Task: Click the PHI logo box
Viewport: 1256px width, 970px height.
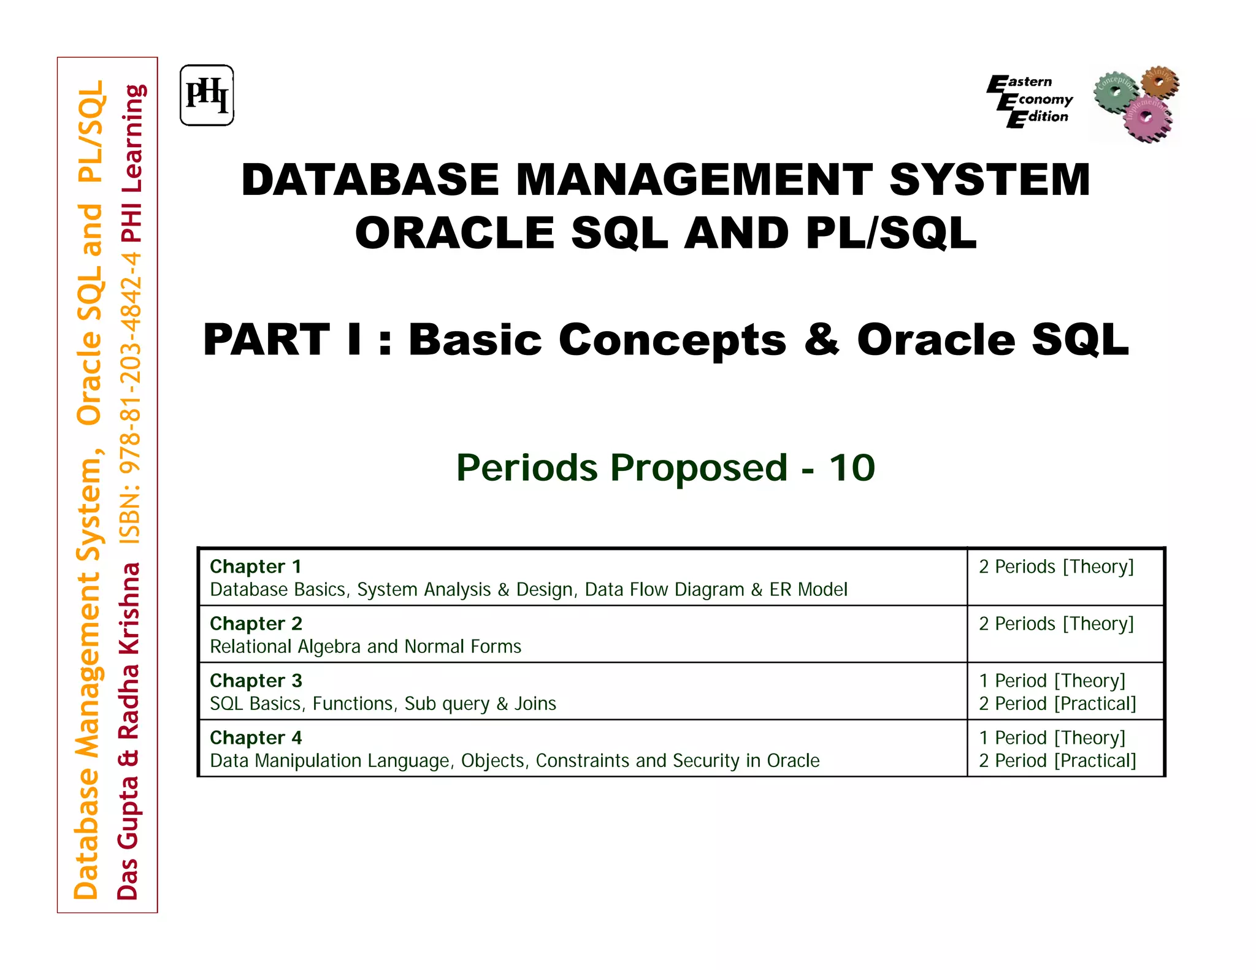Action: click(x=207, y=96)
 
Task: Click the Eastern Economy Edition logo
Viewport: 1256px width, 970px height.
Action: click(x=1030, y=101)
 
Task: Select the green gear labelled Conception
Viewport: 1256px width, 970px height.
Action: click(x=1115, y=91)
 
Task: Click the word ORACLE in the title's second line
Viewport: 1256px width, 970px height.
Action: click(x=454, y=234)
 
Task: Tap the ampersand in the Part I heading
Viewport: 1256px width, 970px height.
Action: click(x=822, y=340)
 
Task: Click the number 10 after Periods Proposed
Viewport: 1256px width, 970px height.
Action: click(x=852, y=468)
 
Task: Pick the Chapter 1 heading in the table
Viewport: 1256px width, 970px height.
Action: click(x=255, y=567)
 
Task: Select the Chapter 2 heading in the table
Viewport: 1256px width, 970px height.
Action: click(x=256, y=624)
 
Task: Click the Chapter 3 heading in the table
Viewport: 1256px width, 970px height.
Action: click(x=256, y=681)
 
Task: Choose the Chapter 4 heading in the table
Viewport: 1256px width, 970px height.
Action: click(x=256, y=738)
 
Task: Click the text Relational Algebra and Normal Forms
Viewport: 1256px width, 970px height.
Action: click(x=366, y=646)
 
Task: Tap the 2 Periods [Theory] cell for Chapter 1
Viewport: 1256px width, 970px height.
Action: click(x=1056, y=567)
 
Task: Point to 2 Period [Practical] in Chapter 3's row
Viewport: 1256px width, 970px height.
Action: click(x=1057, y=703)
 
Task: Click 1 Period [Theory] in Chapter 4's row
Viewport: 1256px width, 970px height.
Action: click(x=1052, y=738)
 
